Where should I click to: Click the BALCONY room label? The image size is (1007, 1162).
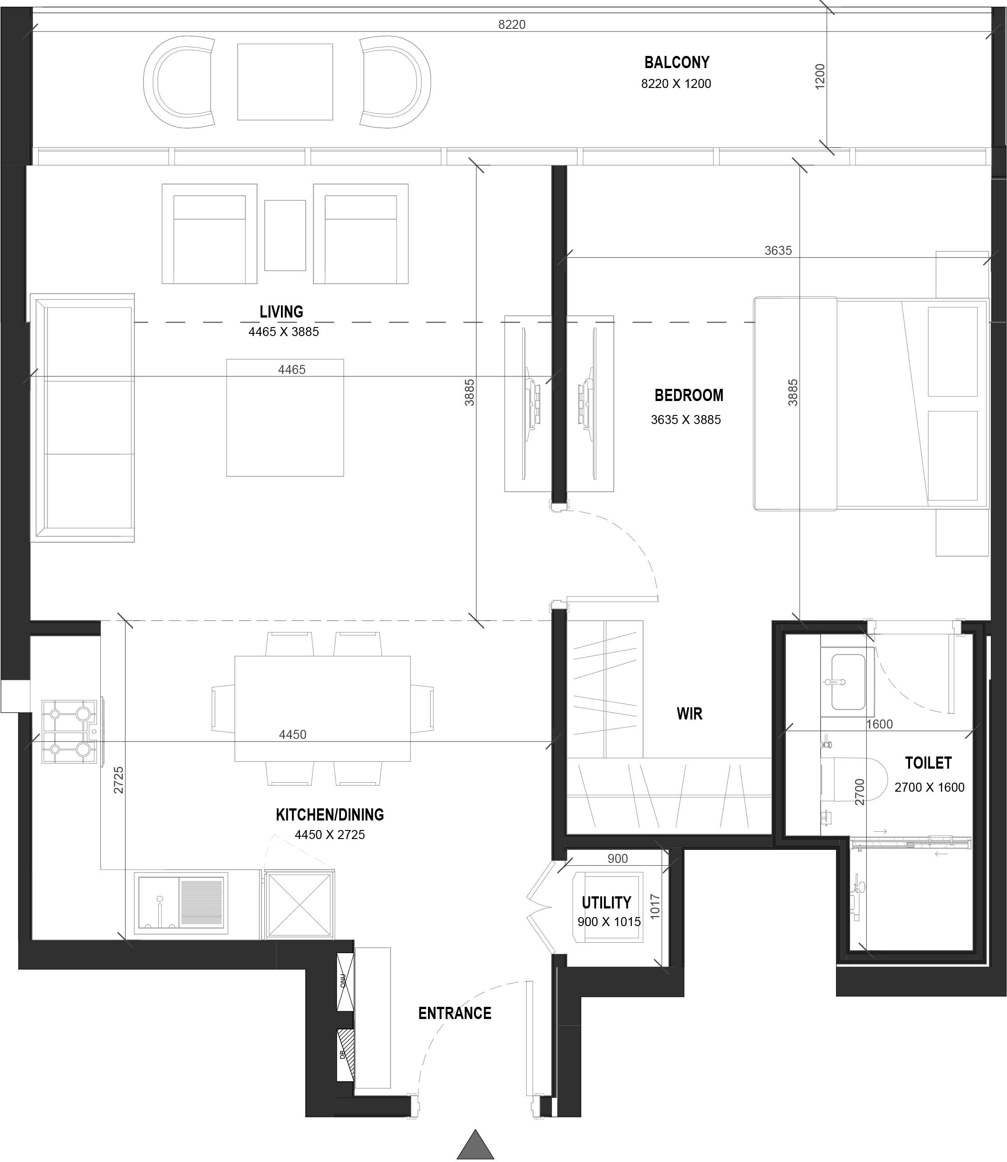point(676,62)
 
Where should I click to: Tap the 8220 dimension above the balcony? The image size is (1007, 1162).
point(511,25)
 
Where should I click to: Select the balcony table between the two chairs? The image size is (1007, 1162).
point(285,82)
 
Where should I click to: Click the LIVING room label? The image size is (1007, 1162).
point(281,311)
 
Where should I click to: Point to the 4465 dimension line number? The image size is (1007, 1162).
point(292,369)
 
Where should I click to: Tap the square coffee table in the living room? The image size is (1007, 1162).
point(285,418)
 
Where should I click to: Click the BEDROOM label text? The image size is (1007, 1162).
point(688,395)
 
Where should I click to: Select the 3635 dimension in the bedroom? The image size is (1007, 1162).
point(778,251)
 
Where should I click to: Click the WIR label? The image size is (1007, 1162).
point(689,714)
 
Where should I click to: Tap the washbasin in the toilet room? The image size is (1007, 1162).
point(847,682)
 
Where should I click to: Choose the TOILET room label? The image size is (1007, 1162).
point(928,763)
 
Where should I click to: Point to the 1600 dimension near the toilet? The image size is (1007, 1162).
point(879,724)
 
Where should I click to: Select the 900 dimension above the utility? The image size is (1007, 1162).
point(617,858)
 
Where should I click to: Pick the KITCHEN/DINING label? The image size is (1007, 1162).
point(330,815)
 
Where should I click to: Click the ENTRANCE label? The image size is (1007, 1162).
point(455,1013)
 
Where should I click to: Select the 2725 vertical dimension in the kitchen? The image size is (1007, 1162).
point(119,780)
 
